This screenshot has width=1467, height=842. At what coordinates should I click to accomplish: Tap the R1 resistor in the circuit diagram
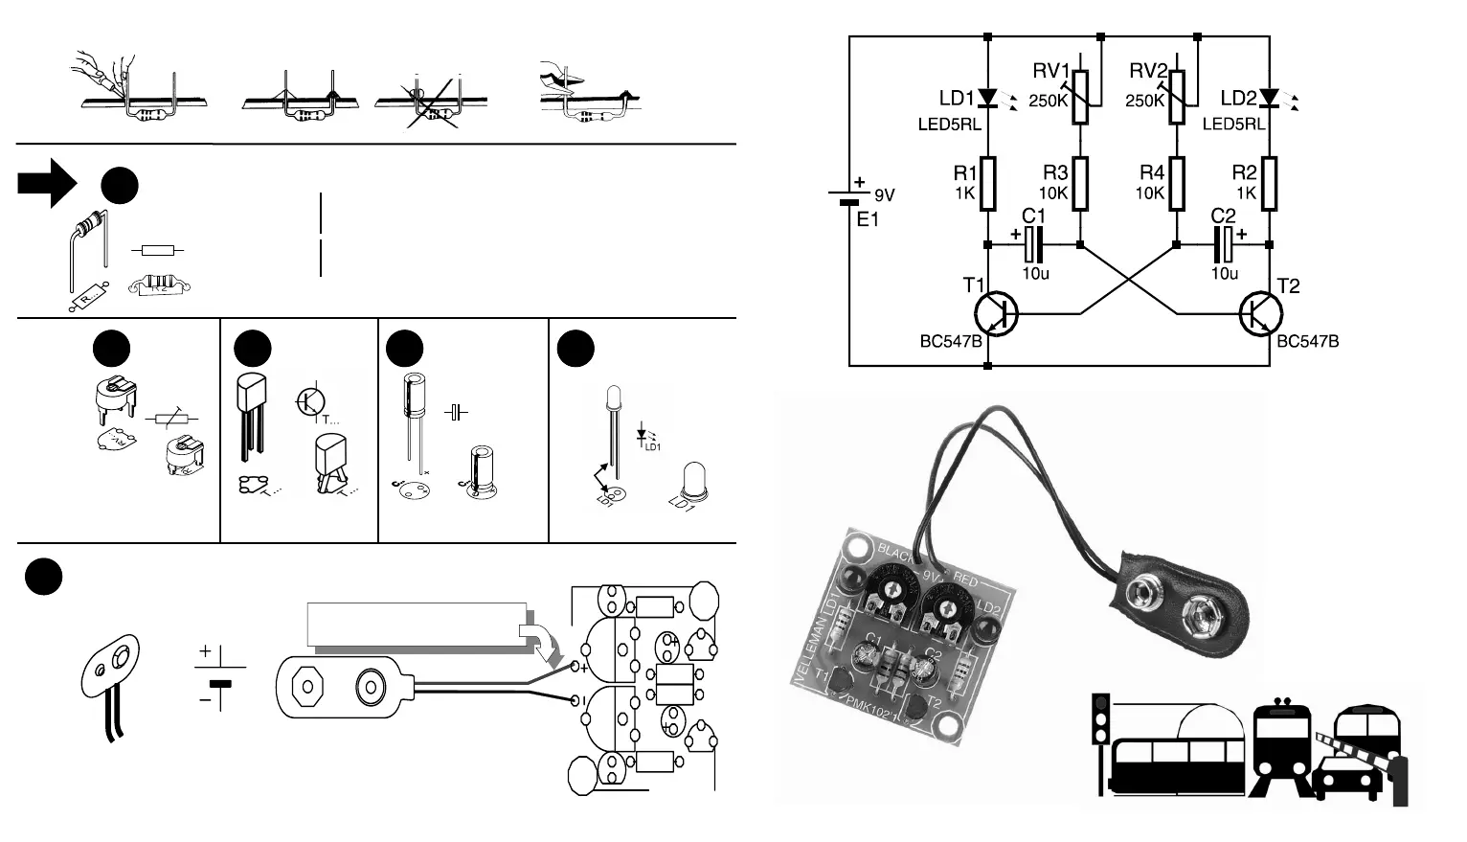pyautogui.click(x=988, y=184)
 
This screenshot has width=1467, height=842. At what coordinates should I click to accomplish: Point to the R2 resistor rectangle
pyautogui.click(x=1270, y=184)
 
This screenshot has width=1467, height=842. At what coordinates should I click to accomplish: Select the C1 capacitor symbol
pyautogui.click(x=1031, y=245)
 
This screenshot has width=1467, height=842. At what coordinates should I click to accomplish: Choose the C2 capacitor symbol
pyautogui.click(x=1224, y=245)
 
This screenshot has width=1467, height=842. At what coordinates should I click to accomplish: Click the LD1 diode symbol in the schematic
pyautogui.click(x=988, y=98)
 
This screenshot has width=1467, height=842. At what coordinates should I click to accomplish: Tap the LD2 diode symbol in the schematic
pyautogui.click(x=1270, y=98)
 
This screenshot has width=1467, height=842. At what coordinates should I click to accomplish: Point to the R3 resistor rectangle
pyautogui.click(x=1081, y=184)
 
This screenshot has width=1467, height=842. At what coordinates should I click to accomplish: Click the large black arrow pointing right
pyautogui.click(x=46, y=183)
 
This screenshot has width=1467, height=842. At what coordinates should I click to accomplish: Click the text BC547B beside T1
pyautogui.click(x=951, y=341)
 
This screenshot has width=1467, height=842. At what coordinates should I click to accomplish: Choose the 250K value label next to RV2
pyautogui.click(x=1145, y=101)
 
